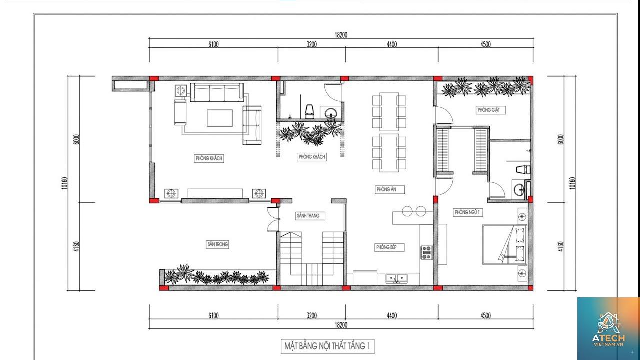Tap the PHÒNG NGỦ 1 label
point(467,212)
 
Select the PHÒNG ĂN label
point(386,189)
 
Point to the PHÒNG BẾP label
point(386,247)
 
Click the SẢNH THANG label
point(308,216)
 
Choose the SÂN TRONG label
point(217,244)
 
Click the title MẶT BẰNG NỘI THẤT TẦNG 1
point(327,346)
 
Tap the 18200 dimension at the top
point(341,35)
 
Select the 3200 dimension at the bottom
point(311,315)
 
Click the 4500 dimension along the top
point(485,44)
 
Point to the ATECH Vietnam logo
point(608,329)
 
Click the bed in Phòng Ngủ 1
point(505,244)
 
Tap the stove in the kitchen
point(426,252)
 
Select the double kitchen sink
point(397,278)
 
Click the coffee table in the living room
point(219,118)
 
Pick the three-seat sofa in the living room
point(217,92)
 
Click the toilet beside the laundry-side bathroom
point(523,169)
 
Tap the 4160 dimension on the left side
point(76,246)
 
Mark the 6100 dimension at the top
point(213,44)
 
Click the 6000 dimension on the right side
point(561,139)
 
